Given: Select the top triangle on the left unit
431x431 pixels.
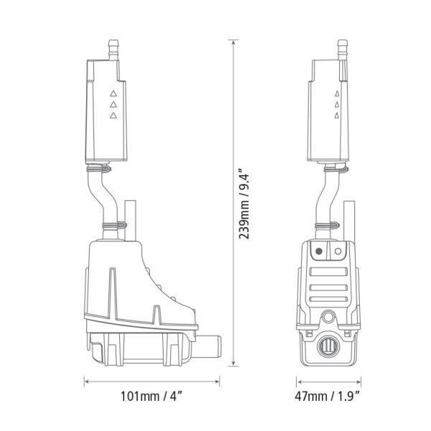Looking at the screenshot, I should pyautogui.click(x=112, y=93).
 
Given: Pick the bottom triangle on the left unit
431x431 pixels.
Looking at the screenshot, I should pyautogui.click(x=112, y=115).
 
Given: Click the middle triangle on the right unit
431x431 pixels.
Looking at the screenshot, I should pyautogui.click(x=335, y=104).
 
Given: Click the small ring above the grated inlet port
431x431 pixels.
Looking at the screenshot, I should pyautogui.click(x=329, y=315).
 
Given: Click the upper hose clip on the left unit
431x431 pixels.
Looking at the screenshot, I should pyautogui.click(x=101, y=170).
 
